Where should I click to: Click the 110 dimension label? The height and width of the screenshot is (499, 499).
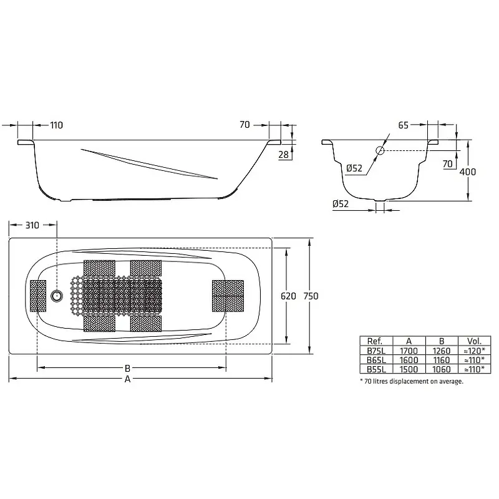[x=57, y=125]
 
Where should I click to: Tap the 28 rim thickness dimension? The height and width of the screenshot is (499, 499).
[x=283, y=155]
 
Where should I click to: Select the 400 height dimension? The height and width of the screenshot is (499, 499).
[x=467, y=172]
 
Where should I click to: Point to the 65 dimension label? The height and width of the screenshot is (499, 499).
[x=403, y=125]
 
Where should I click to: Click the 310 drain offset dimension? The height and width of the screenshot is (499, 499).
[x=32, y=225]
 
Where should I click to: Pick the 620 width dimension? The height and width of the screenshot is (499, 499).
[x=288, y=296]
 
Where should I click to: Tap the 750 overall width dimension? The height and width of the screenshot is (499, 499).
[x=311, y=296]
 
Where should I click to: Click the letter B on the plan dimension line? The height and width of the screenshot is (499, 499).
[x=127, y=369]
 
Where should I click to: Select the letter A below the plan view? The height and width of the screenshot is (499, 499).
[x=127, y=379]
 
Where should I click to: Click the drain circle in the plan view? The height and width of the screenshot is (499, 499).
[x=57, y=296]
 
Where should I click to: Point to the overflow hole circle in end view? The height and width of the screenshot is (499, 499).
[x=380, y=150]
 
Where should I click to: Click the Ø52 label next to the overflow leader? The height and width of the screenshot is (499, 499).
[x=354, y=168]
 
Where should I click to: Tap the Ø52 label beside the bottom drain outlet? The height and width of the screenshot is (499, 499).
[x=341, y=204]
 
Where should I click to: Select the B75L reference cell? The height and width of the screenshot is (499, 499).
[x=376, y=351]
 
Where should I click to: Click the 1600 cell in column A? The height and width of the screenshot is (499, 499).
[x=409, y=360]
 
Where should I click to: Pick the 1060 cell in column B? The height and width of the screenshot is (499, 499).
[x=442, y=369]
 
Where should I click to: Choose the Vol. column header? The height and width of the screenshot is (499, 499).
[x=474, y=341]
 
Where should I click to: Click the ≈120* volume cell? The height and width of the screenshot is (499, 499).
[x=474, y=351]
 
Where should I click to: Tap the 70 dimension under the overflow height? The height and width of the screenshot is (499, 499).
[x=447, y=164]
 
